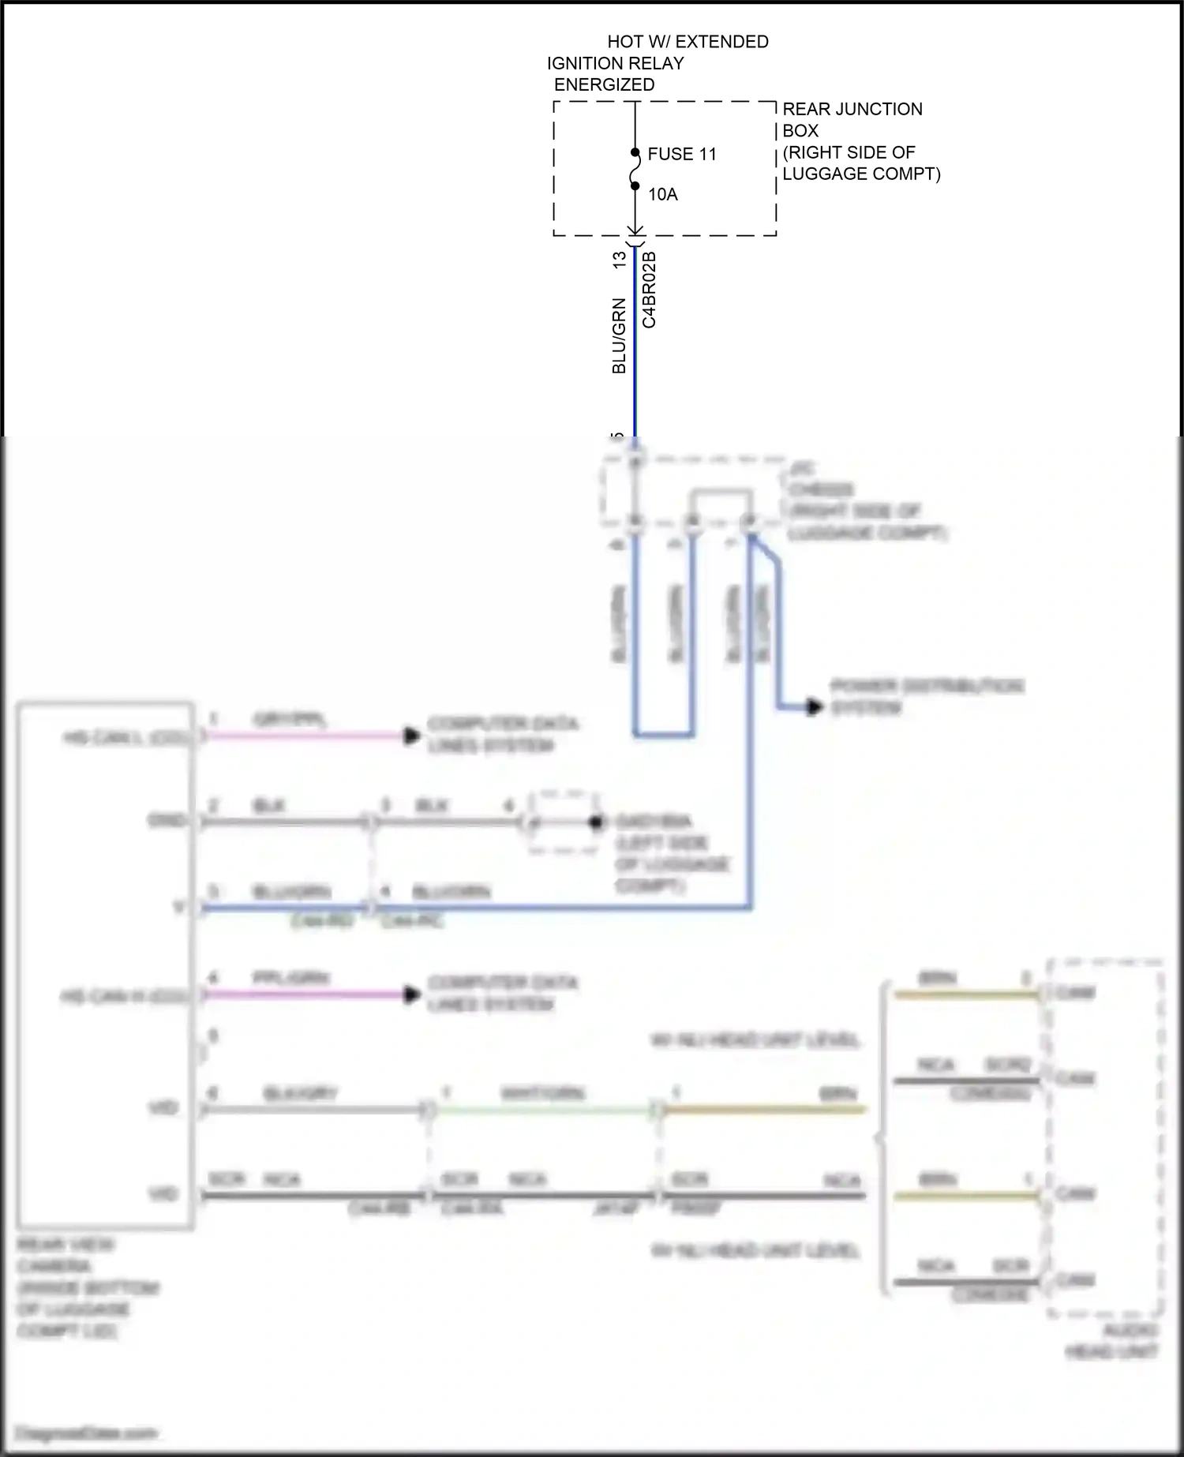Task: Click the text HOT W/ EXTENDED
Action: click(x=688, y=42)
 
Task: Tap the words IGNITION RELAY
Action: click(x=616, y=63)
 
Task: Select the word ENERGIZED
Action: click(x=604, y=84)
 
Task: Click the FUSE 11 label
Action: click(x=681, y=154)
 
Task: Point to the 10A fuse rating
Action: click(x=662, y=194)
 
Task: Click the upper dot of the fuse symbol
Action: click(x=635, y=153)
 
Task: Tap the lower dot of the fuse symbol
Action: click(x=635, y=186)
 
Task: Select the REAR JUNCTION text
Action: click(x=852, y=109)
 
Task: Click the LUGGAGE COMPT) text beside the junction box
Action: click(x=861, y=174)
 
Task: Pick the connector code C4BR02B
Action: click(x=649, y=289)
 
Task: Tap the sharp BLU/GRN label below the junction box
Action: click(x=620, y=335)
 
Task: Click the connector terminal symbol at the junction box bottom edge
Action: click(x=635, y=234)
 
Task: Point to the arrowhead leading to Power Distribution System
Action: click(x=814, y=706)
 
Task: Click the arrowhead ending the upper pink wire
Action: click(x=411, y=736)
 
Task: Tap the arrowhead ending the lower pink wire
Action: click(x=411, y=994)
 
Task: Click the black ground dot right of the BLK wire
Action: click(x=597, y=822)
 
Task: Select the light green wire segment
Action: click(x=545, y=1110)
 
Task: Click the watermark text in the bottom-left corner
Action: click(x=87, y=1433)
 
